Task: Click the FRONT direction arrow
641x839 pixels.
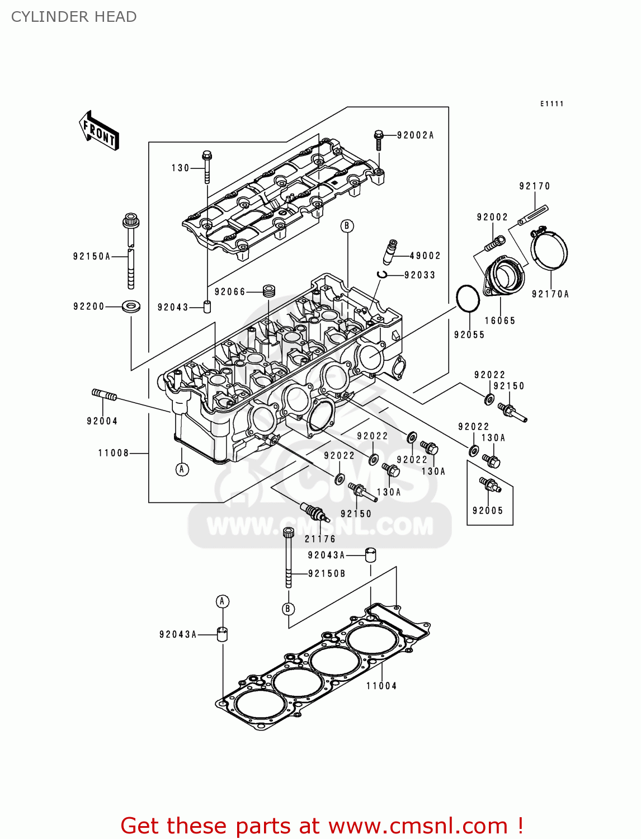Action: click(x=99, y=131)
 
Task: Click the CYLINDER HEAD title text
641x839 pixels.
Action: click(x=74, y=17)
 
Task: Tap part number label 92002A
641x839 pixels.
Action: click(x=415, y=135)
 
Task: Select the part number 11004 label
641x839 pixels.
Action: click(x=381, y=686)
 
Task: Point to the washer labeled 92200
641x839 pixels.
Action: click(x=131, y=307)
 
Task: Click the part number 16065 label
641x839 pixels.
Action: click(x=499, y=320)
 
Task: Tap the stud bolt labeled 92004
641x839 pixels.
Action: click(x=104, y=395)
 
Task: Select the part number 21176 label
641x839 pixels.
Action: click(x=320, y=539)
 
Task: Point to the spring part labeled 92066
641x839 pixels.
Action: click(x=270, y=291)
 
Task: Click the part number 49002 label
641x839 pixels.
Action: click(x=425, y=256)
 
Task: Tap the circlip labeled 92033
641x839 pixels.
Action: click(x=383, y=274)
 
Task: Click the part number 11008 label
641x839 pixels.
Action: click(x=114, y=453)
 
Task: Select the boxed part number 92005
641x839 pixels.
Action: click(x=488, y=510)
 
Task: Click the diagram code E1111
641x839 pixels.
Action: click(x=552, y=104)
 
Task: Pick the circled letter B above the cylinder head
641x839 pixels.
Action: click(x=347, y=226)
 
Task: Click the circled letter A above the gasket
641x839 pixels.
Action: click(x=223, y=601)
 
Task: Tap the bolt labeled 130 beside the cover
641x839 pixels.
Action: click(x=206, y=167)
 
